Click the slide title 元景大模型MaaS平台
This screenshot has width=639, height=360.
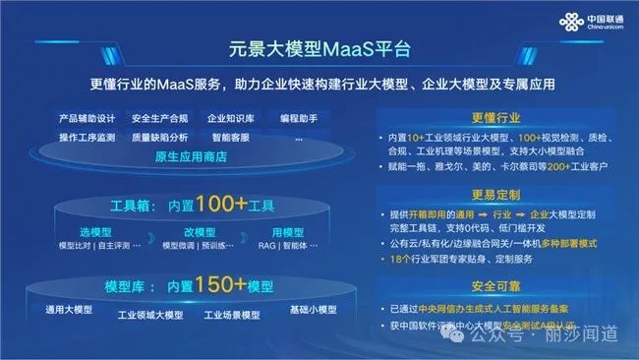pyautogui.click(x=319, y=46)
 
